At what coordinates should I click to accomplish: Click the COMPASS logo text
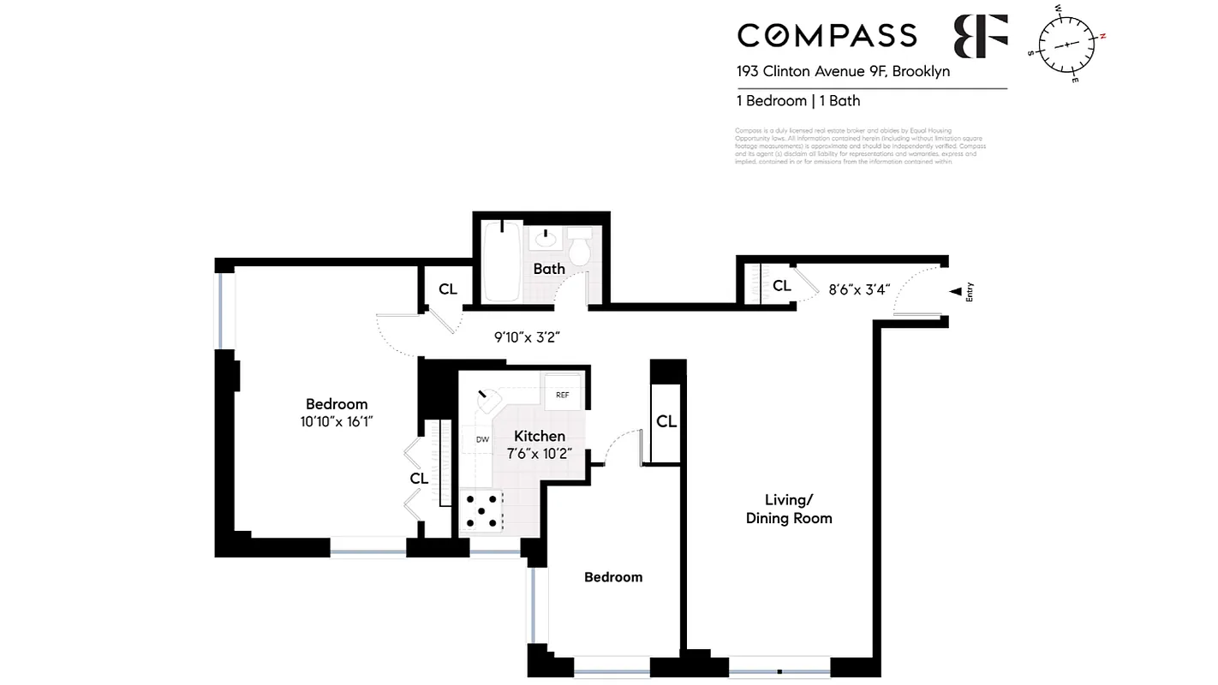pyautogui.click(x=827, y=35)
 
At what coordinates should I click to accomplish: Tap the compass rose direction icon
pyautogui.click(x=1067, y=44)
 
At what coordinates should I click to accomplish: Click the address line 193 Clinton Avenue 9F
pyautogui.click(x=843, y=72)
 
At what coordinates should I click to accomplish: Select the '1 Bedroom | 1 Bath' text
pyautogui.click(x=797, y=101)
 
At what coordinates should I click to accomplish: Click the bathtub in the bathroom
pyautogui.click(x=502, y=261)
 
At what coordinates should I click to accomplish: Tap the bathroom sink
pyautogui.click(x=545, y=238)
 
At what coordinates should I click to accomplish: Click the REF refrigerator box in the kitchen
pyautogui.click(x=563, y=394)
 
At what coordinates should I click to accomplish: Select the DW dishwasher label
pyautogui.click(x=482, y=439)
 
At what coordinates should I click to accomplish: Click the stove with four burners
pyautogui.click(x=482, y=511)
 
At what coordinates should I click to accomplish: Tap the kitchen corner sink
pyautogui.click(x=489, y=400)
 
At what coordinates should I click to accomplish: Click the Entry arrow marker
pyautogui.click(x=955, y=292)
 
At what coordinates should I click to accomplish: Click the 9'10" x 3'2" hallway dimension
pyautogui.click(x=527, y=337)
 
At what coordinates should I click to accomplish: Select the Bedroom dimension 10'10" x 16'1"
pyautogui.click(x=337, y=421)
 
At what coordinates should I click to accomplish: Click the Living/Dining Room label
pyautogui.click(x=788, y=509)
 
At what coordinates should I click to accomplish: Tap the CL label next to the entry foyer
pyautogui.click(x=781, y=286)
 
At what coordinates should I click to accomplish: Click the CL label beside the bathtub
pyautogui.click(x=448, y=289)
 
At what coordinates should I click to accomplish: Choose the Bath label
pyautogui.click(x=549, y=269)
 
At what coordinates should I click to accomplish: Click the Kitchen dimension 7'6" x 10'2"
pyautogui.click(x=539, y=454)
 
